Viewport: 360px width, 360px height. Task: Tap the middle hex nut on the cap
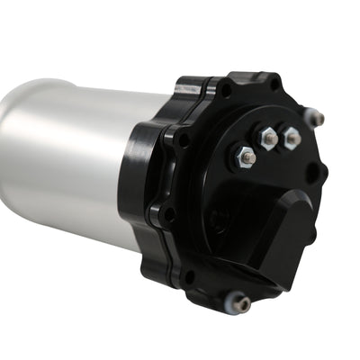[x=267, y=138]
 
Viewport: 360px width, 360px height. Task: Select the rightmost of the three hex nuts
[x=291, y=137]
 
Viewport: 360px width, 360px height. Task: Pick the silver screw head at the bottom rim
[x=242, y=305]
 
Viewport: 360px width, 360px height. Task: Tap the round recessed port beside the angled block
[x=219, y=219]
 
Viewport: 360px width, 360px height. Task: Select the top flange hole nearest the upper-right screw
[x=275, y=87]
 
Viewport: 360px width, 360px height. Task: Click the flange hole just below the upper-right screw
[x=317, y=171]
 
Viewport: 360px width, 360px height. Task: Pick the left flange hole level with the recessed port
[x=168, y=213]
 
